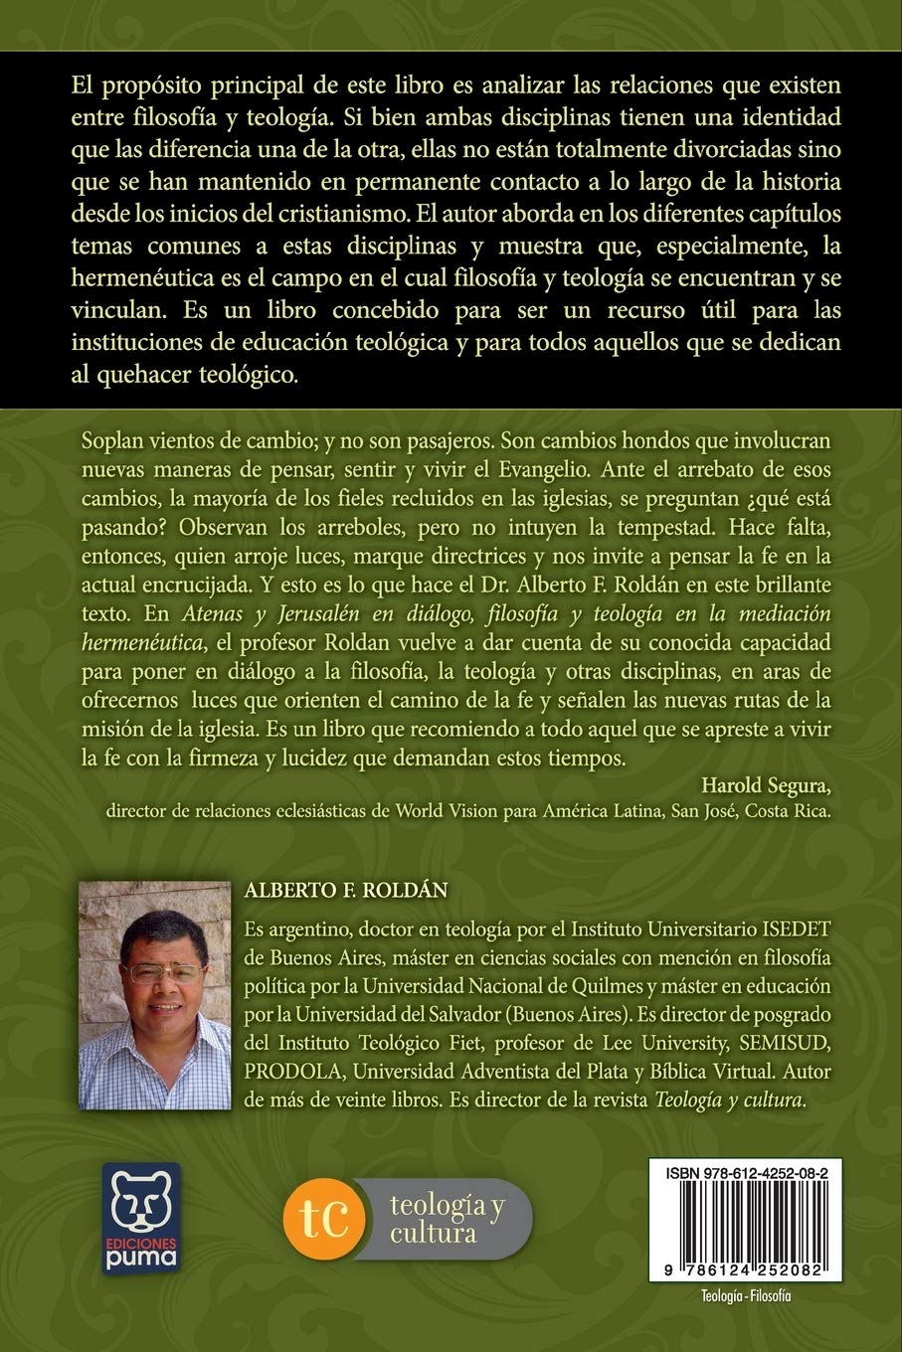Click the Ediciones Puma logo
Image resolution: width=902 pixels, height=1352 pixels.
click(x=140, y=1216)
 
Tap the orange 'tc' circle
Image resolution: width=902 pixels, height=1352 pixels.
click(x=321, y=1219)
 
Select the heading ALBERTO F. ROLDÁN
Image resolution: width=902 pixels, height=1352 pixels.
click(x=345, y=892)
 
